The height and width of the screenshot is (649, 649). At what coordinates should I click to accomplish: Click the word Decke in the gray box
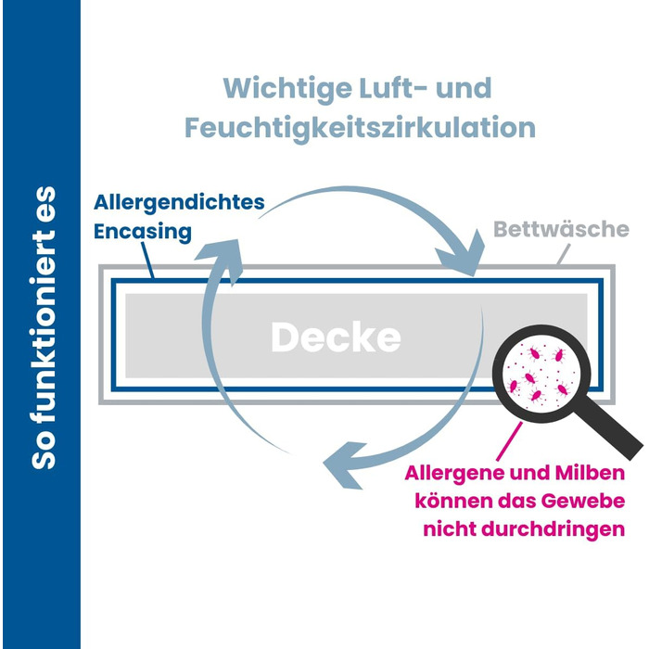336,337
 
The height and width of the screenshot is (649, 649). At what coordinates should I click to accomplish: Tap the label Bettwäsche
561,229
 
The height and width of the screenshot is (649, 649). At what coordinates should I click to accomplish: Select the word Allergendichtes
179,201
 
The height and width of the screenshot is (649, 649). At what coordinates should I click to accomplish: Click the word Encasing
143,232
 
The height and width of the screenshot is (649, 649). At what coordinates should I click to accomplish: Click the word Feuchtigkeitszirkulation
361,127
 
